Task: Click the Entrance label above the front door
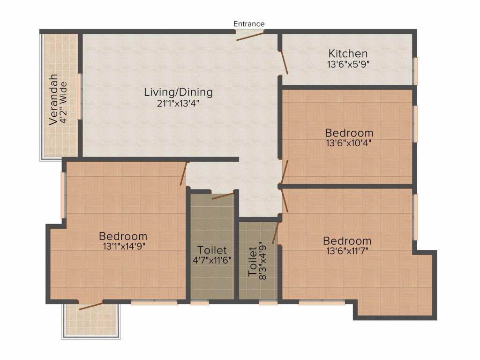pyautogui.click(x=249, y=24)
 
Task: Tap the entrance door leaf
pyautogui.click(x=250, y=36)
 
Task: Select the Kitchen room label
pyautogui.click(x=348, y=53)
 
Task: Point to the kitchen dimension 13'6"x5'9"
pyautogui.click(x=348, y=64)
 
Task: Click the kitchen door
pyautogui.click(x=285, y=63)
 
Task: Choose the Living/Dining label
pyautogui.click(x=179, y=92)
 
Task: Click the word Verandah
pyautogui.click(x=53, y=99)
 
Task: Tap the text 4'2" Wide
pyautogui.click(x=63, y=102)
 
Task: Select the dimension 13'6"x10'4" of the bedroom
pyautogui.click(x=349, y=143)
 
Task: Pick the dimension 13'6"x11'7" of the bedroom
pyautogui.click(x=347, y=251)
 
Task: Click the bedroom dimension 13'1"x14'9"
pyautogui.click(x=124, y=246)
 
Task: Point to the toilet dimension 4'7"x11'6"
pyautogui.click(x=212, y=261)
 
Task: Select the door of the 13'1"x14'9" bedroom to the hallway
pyautogui.click(x=184, y=173)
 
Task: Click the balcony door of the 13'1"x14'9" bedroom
pyautogui.click(x=90, y=306)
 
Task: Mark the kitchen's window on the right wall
pyautogui.click(x=416, y=71)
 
